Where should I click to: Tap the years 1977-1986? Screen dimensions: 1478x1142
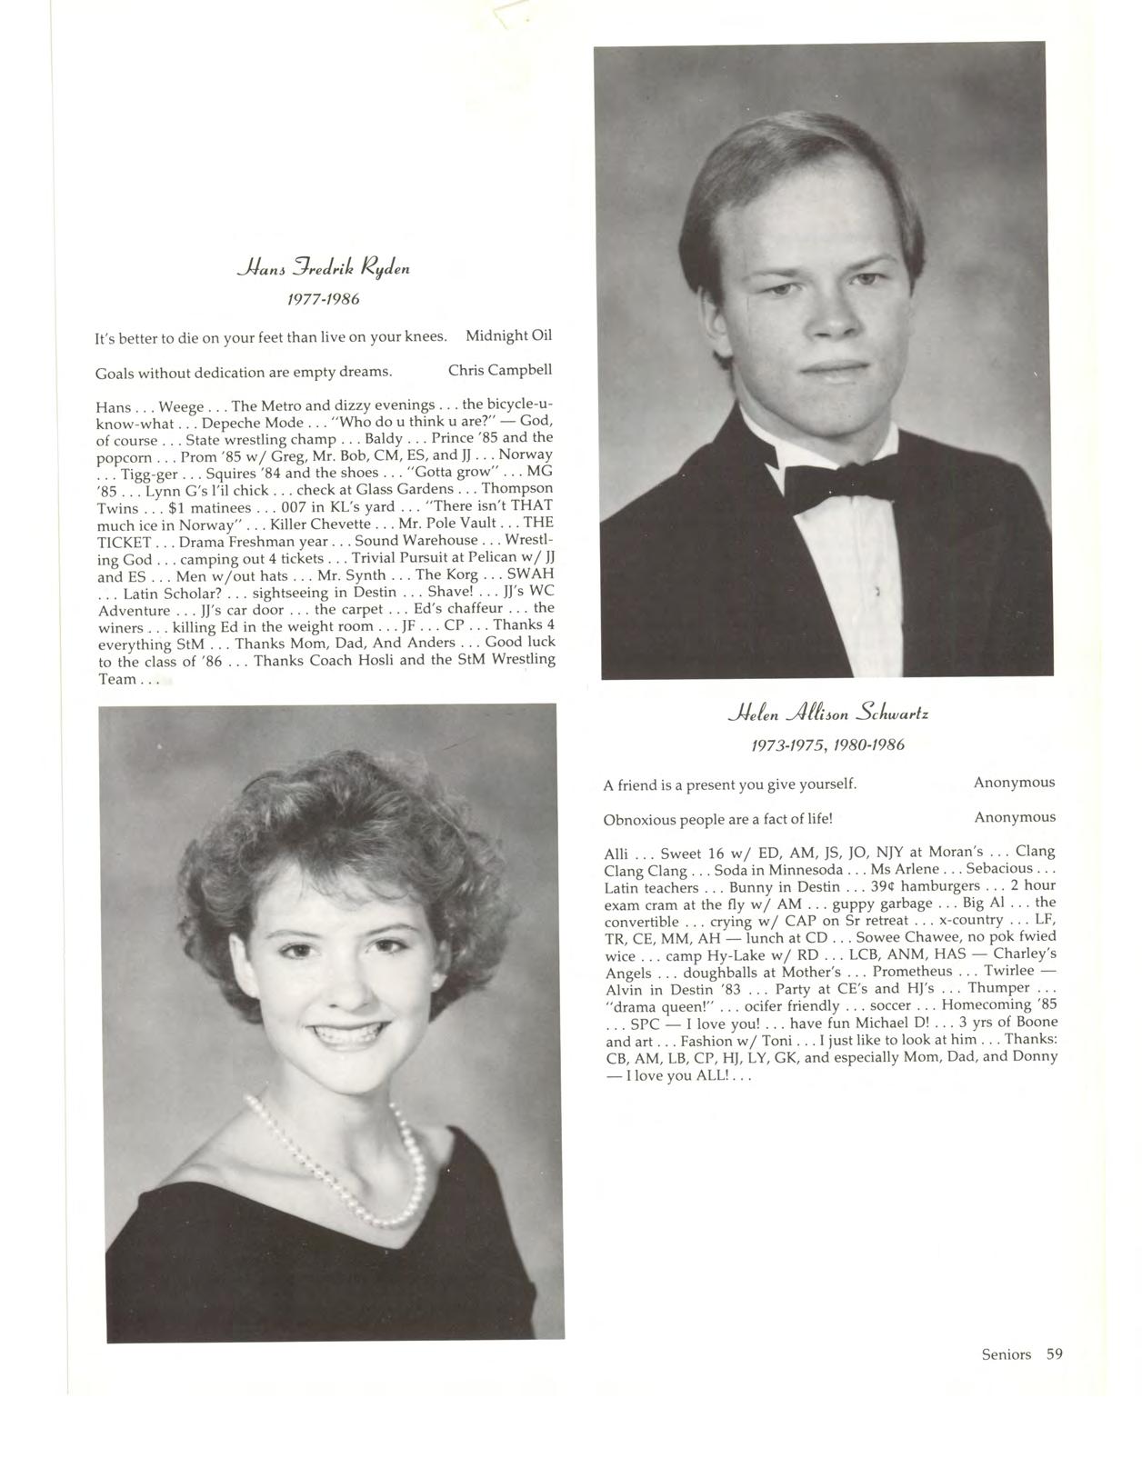pos(325,299)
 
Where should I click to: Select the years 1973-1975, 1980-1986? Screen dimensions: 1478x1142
pos(827,745)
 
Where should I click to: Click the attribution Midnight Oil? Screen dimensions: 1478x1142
pos(508,336)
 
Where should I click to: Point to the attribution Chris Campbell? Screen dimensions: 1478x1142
pos(500,371)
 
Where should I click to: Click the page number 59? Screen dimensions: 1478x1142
pos(1054,1354)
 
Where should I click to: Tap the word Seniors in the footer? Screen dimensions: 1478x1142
pos(1006,1354)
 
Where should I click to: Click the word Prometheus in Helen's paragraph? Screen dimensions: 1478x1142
pos(912,971)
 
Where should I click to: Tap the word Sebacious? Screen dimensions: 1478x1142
pos(999,869)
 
